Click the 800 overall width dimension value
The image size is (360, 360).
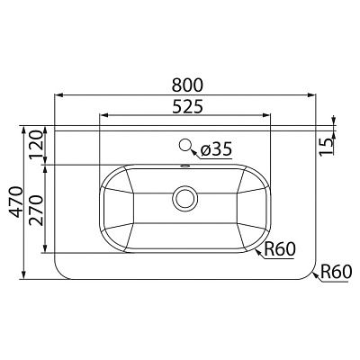(x=187, y=84)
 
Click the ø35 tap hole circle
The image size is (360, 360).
(x=187, y=145)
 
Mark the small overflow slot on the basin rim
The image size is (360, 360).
(x=186, y=166)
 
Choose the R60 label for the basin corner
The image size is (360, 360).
(x=279, y=251)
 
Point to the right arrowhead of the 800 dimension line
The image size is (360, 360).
(x=314, y=94)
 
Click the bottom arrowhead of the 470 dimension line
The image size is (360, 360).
(x=23, y=275)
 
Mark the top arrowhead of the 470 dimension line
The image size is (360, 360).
(x=23, y=127)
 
